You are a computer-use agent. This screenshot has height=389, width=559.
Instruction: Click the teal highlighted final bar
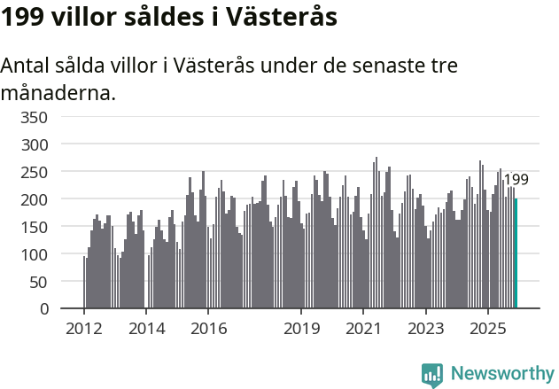[x=516, y=253]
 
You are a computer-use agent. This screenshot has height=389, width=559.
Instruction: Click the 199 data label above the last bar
[x=516, y=180]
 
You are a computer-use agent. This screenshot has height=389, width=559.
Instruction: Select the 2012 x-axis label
[x=84, y=329]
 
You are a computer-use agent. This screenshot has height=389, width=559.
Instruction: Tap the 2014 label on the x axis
[x=146, y=329]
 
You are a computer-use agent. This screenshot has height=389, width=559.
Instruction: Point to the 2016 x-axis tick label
[x=208, y=329]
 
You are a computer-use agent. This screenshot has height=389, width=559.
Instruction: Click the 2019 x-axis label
[x=301, y=329]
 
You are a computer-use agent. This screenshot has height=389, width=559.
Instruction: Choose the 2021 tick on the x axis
[x=363, y=329]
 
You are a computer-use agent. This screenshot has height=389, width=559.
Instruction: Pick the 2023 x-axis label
[x=425, y=329]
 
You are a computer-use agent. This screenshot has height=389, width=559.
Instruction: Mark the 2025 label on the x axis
[x=487, y=329]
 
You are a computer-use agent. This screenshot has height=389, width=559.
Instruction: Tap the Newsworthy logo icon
[x=431, y=375]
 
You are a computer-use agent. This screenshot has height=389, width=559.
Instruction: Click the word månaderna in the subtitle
[x=58, y=92]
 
